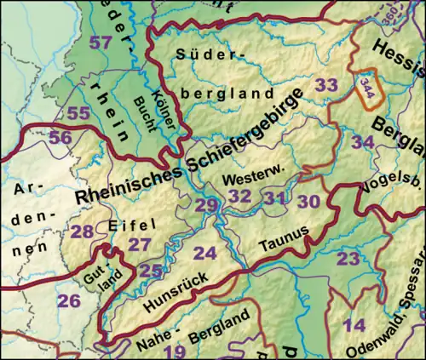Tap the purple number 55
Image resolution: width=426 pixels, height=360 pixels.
(79, 113)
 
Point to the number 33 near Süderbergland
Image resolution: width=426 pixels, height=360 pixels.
(326, 85)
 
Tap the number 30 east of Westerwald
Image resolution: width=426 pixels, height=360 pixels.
(309, 201)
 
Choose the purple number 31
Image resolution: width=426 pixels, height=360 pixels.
(273, 197)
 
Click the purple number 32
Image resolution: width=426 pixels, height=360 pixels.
(240, 197)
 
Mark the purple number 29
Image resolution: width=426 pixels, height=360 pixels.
(206, 205)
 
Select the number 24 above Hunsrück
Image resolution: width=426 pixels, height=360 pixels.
(204, 253)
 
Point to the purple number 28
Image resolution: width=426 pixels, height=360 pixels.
(83, 231)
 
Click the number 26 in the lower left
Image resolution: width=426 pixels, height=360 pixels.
(68, 300)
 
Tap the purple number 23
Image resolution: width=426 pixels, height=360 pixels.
(348, 258)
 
